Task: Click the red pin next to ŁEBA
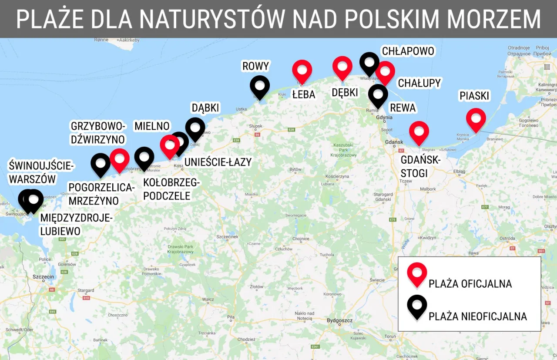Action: pyautogui.click(x=302, y=70)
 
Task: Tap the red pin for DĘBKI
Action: pyautogui.click(x=342, y=67)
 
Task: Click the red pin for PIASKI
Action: pyautogui.click(x=476, y=118)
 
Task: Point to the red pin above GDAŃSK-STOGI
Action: pyautogui.click(x=419, y=131)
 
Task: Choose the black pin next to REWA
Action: pyautogui.click(x=378, y=94)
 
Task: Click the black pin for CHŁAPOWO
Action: pyautogui.click(x=369, y=63)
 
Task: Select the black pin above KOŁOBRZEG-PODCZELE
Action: pyautogui.click(x=144, y=157)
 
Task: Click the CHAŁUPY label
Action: pyautogui.click(x=419, y=83)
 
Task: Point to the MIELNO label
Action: pyautogui.click(x=152, y=126)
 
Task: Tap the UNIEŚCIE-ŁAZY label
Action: pyautogui.click(x=218, y=162)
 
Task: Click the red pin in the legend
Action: pyautogui.click(x=417, y=273)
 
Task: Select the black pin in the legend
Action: pyautogui.click(x=417, y=305)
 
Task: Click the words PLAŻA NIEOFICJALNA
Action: pyautogui.click(x=477, y=316)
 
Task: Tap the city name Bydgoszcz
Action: pyautogui.click(x=339, y=321)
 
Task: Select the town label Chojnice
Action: pyautogui.click(x=301, y=239)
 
